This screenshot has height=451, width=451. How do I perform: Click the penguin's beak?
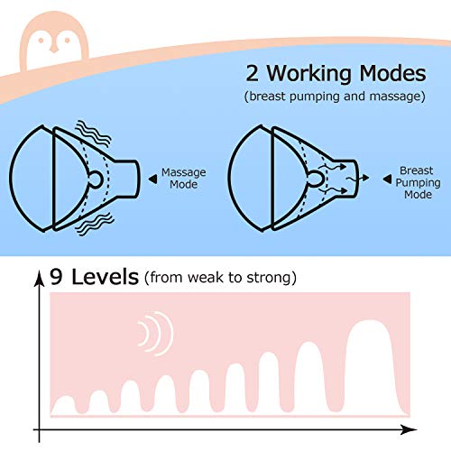pos(54,49)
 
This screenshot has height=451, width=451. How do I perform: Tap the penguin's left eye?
pos(41,41)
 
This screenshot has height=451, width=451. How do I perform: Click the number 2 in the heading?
pos(252,73)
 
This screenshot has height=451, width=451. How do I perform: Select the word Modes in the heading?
pos(392,73)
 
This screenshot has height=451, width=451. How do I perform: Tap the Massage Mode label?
pos(184,178)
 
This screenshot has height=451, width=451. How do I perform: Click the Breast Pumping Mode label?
pos(418,182)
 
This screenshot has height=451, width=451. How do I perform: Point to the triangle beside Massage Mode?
pos(152,179)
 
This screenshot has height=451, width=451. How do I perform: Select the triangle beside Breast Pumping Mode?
pos(387,179)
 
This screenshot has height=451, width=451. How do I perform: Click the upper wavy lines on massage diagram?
pos(93,133)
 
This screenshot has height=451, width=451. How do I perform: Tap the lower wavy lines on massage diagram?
pos(95,224)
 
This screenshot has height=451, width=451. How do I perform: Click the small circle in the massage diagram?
pos(96,179)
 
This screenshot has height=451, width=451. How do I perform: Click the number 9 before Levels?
pos(56,277)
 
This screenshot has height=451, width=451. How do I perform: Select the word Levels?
pos(105,277)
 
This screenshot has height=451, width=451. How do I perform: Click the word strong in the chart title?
pos(269,277)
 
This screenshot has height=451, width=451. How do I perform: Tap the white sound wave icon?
pos(156,334)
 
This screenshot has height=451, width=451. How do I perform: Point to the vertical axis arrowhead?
pos(39,278)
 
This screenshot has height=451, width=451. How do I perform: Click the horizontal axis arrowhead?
pos(409,429)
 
